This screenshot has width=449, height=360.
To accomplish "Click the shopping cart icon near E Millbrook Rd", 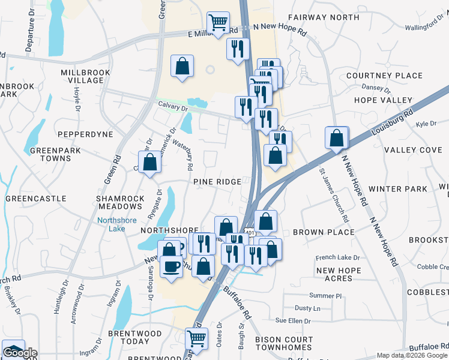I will pos(217,23).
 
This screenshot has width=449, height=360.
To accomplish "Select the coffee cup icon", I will pos(171,266).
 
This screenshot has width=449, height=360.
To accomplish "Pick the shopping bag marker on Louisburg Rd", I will pos(337,137).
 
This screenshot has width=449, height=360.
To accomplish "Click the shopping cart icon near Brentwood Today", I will pos(196,338).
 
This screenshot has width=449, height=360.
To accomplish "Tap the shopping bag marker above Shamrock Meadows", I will pos(149,162).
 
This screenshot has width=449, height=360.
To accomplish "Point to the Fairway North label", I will pos(324,17).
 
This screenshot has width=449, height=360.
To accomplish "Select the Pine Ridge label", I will pos(217,181).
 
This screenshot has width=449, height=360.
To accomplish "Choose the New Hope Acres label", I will pos(339,274).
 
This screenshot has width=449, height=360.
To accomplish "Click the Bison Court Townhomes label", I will pos(284,343).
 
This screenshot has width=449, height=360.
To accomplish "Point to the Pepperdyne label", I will pos(85,134).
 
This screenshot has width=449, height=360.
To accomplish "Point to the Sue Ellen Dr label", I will pos(293,321).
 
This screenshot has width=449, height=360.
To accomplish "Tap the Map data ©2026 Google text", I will pos(411,355).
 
